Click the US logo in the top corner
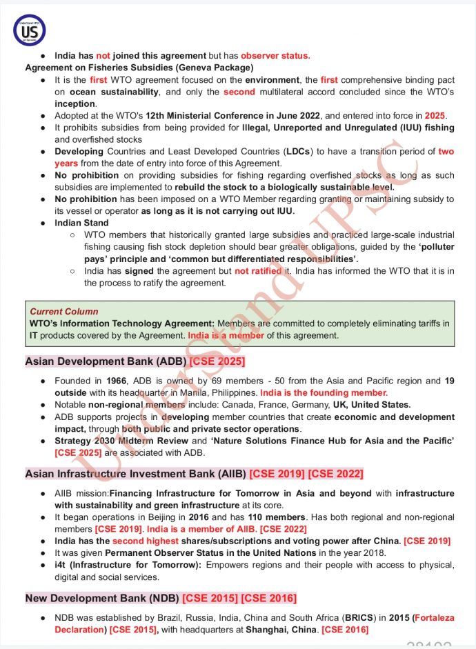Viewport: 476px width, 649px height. (x=29, y=30)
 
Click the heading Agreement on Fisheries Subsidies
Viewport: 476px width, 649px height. (x=139, y=68)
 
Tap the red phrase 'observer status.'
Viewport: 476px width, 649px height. (x=275, y=56)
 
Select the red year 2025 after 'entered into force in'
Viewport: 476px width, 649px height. (x=435, y=115)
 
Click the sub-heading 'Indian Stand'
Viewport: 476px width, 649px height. (x=81, y=223)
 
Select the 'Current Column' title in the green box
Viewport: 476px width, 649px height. (x=64, y=312)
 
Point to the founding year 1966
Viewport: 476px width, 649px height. (x=117, y=381)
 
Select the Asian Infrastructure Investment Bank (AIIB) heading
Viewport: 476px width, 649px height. (x=135, y=474)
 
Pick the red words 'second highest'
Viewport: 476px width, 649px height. (x=139, y=541)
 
